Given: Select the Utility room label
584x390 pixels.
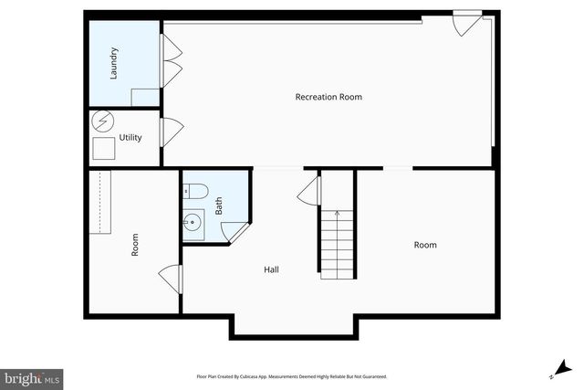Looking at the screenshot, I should point(130,138).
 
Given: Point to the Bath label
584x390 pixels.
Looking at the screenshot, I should point(219,206).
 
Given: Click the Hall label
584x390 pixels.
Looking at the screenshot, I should point(271,269).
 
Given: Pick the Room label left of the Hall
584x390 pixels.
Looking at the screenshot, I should point(135,245).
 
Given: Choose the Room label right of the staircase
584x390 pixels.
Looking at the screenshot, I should point(425,245).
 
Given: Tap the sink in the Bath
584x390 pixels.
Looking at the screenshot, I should point(193,222).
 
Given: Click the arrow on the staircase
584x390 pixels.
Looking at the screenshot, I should point(337,216).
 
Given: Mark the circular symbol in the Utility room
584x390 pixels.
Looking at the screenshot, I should point(103,121).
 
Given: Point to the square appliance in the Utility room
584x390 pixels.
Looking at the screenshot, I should point(104,149).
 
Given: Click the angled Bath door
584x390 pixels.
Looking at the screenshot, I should point(234,233).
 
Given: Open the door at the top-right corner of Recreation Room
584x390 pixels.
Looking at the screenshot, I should point(466,23).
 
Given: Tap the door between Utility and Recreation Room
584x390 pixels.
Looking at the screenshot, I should point(169,133).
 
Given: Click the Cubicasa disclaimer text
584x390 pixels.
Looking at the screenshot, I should point(292,376).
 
